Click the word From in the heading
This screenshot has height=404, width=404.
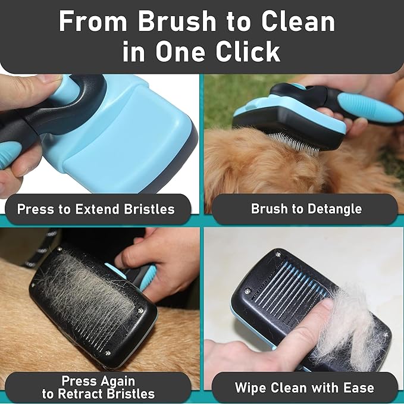[x=93, y=22]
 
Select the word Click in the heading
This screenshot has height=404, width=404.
[x=249, y=52]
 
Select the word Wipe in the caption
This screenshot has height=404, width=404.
[x=252, y=388]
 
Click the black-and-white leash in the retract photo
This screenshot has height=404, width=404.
[x=42, y=247]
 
